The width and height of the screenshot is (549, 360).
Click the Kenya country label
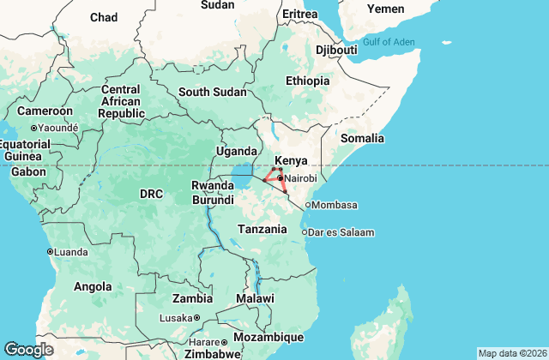coord(290,160)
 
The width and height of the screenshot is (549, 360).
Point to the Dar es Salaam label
coord(342,232)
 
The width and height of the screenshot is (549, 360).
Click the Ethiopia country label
coord(307,81)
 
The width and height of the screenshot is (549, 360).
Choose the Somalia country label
coord(364,138)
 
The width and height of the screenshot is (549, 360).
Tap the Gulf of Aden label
coord(389,42)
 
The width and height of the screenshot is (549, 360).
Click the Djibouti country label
coord(336,50)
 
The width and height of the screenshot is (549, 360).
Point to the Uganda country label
coord(236,152)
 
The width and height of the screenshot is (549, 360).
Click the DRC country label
coord(151,195)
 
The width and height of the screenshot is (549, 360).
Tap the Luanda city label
coord(70,252)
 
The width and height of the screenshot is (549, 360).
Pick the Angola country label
coord(93,286)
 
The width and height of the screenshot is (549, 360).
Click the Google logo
coord(28,349)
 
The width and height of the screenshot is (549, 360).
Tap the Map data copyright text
coord(511,353)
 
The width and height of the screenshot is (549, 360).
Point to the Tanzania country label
coord(262,229)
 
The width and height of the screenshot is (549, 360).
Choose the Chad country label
coord(104,17)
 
